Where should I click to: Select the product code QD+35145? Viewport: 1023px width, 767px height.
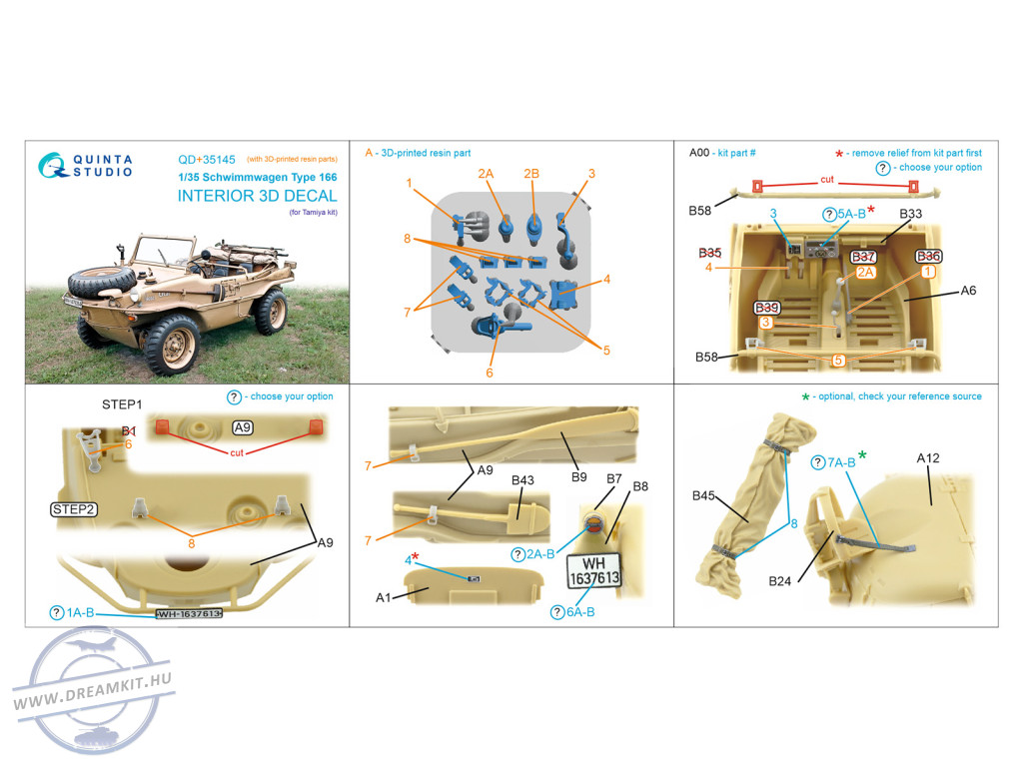(x=207, y=160)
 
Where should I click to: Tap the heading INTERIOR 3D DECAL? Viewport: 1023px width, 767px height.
(x=257, y=196)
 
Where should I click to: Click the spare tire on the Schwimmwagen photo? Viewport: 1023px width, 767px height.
(x=102, y=282)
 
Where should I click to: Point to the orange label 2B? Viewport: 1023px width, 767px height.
(x=531, y=174)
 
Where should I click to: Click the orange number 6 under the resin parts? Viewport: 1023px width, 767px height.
(x=490, y=373)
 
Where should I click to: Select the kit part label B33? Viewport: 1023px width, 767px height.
(x=910, y=214)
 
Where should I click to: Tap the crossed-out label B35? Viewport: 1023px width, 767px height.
(x=710, y=253)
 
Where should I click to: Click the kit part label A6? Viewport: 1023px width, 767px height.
(x=968, y=291)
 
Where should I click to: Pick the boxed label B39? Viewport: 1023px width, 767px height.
(x=766, y=308)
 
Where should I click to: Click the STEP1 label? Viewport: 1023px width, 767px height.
(x=121, y=404)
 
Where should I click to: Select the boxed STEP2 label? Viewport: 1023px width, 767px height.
(x=74, y=509)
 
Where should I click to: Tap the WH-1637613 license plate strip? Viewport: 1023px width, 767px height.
(x=189, y=614)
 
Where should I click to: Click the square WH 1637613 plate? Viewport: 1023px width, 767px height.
(x=593, y=571)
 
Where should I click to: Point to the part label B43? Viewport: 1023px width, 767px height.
(x=522, y=480)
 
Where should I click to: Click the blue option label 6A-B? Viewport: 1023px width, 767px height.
(x=572, y=612)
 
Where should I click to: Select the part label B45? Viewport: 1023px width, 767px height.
(x=703, y=495)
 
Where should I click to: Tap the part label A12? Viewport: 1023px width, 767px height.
(x=928, y=457)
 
